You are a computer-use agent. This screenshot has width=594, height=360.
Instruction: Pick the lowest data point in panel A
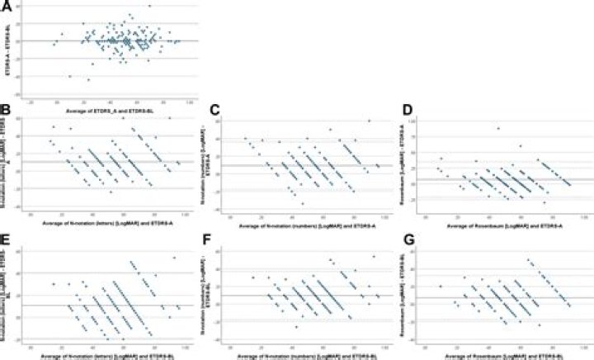[89, 79]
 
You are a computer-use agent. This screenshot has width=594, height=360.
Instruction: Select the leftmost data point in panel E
[54, 285]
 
